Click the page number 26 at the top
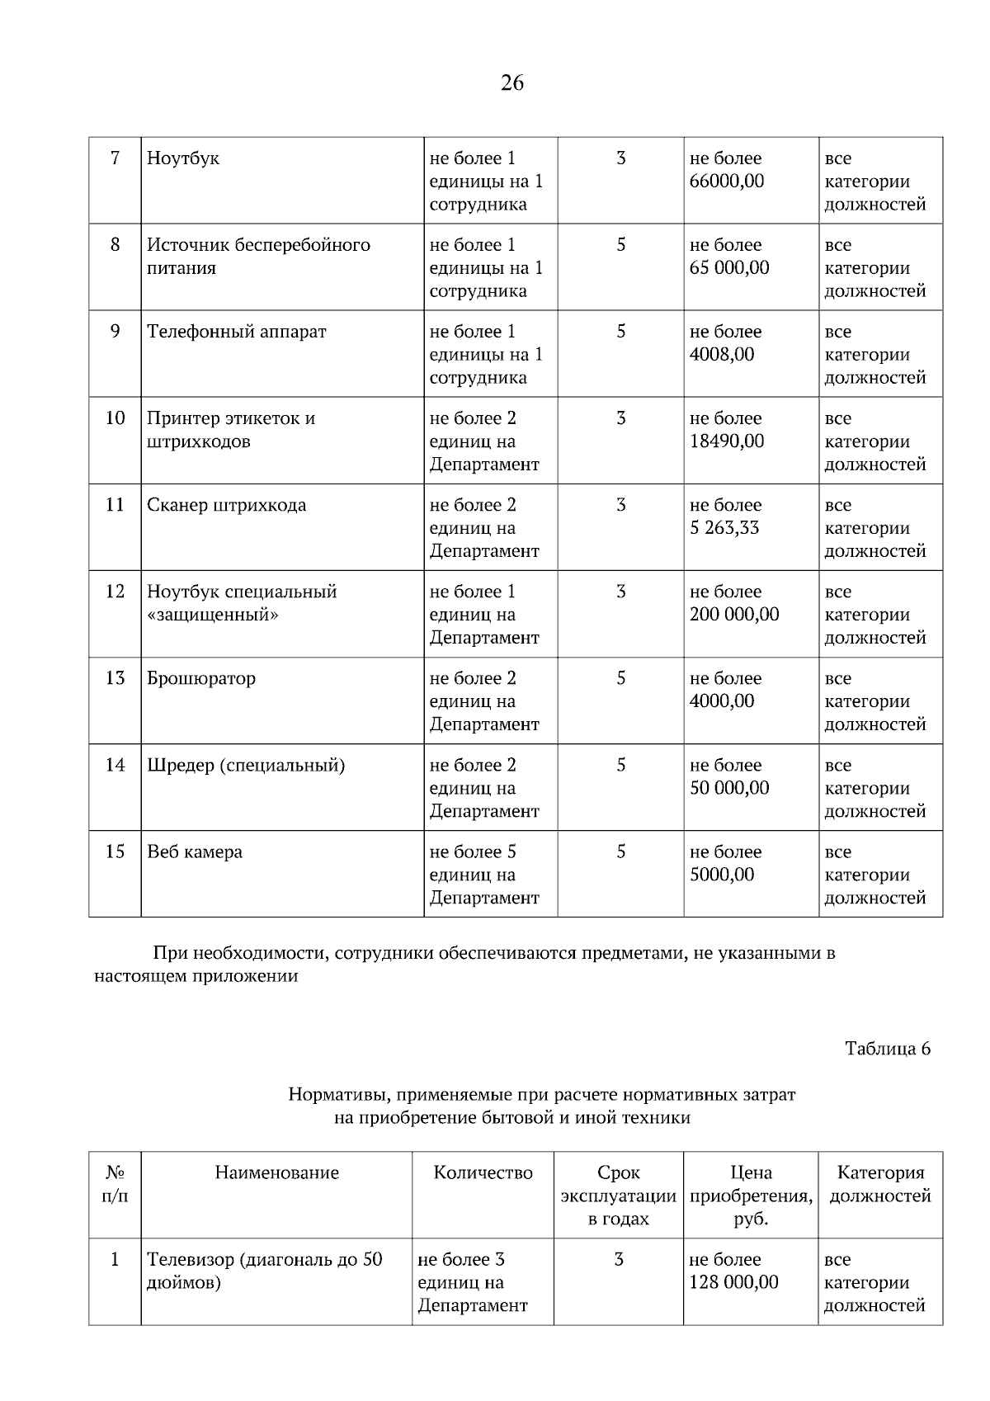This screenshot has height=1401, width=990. pos(511,83)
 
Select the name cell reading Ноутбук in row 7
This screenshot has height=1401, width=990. pos(183,158)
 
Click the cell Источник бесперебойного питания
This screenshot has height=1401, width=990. pos(258,256)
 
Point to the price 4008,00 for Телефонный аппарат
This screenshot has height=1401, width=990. pos(722,354)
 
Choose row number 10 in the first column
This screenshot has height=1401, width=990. pos(115,418)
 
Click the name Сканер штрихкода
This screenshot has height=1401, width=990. pos(226,505)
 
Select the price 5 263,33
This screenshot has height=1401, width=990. pos(724,528)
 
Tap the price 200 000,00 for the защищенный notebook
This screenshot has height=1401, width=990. pos(734,615)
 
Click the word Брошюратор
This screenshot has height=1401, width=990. pos(201,678)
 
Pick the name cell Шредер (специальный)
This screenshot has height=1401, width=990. pos(246,765)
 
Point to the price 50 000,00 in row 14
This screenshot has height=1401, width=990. pos(729,788)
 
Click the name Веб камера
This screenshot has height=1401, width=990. pos(195,851)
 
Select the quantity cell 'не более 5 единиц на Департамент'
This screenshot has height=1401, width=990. pos(484,875)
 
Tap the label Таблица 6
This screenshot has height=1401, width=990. pos(888,1049)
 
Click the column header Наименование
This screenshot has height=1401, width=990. pos(276,1172)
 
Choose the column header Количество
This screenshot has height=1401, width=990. pos(483,1172)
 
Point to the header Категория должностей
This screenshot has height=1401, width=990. pos(879,1184)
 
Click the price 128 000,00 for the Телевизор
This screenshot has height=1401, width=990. pos(733,1282)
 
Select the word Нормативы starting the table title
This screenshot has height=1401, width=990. pos(339,1095)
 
